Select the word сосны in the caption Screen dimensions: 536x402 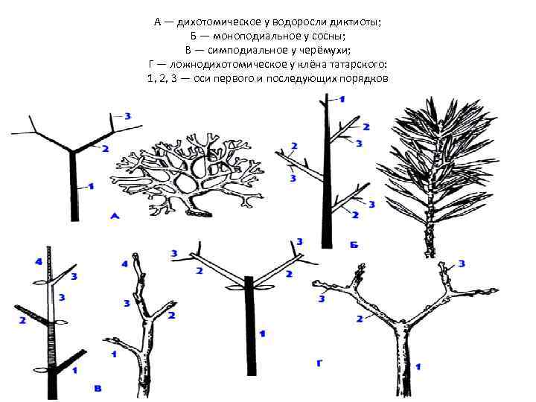pyautogui.click(x=327, y=36)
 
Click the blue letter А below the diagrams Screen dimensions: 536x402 pyautogui.click(x=115, y=216)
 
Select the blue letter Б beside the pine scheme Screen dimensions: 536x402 pyautogui.click(x=354, y=245)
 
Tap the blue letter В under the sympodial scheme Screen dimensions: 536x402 pyautogui.click(x=98, y=389)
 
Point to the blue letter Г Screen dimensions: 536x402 pyautogui.click(x=319, y=363)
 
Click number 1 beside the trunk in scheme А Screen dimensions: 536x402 pyautogui.click(x=91, y=187)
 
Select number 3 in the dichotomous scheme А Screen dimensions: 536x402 pyautogui.click(x=127, y=116)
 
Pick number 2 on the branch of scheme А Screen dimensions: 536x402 pyautogui.click(x=105, y=149)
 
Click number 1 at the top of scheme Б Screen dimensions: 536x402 pyautogui.click(x=342, y=100)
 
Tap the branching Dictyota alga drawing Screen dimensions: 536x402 pyautogui.click(x=188, y=175)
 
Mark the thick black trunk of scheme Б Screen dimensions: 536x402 pyautogui.click(x=327, y=171)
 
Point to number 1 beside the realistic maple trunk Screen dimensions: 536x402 pyautogui.click(x=418, y=367)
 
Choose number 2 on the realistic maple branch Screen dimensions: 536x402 pyautogui.click(x=360, y=319)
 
